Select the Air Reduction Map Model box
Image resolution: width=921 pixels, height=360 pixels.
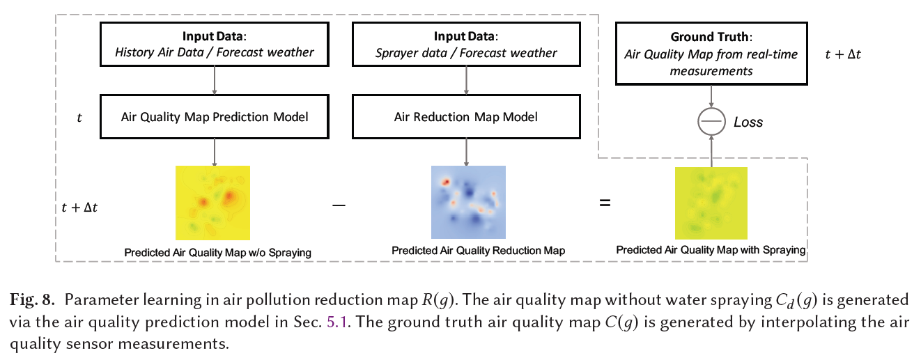pos(466,117)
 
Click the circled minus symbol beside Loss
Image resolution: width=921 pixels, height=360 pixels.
pos(711,123)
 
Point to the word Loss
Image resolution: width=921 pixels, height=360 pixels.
pos(748,123)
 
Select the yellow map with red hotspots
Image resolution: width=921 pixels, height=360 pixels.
pos(212,203)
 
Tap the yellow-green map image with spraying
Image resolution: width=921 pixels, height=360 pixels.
pos(711,203)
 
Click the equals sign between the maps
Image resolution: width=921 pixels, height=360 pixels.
pos(605,203)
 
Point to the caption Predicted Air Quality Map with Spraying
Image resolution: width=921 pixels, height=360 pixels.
pos(711,249)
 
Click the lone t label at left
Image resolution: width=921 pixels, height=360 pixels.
pos(79,118)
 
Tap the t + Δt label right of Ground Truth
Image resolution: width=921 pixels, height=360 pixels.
pos(843,54)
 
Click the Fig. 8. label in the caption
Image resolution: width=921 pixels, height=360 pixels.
pos(33,301)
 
